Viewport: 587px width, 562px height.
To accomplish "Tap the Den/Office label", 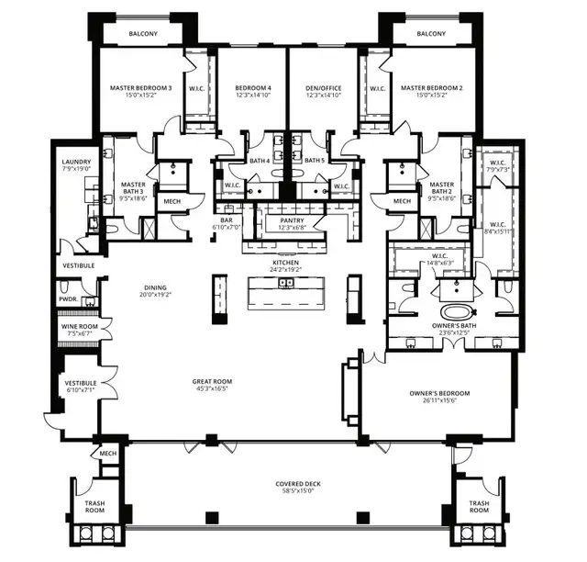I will (323, 89).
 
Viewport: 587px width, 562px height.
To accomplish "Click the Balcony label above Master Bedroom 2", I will (430, 34).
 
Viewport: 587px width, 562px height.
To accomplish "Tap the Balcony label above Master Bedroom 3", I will (140, 34).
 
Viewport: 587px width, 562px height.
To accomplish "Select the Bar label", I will (226, 220).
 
